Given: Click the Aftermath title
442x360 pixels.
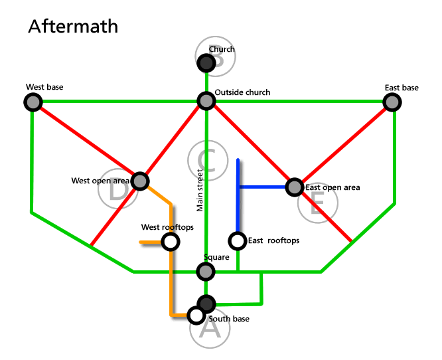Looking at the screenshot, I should pos(73,27).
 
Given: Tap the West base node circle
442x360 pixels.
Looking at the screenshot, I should pos(33,102).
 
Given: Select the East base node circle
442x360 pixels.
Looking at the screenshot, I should pos(392,102).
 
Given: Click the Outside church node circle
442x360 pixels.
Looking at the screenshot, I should pos(206,101).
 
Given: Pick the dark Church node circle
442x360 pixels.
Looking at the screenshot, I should pos(206,63).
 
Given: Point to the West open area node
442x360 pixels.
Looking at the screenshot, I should pos(140,181).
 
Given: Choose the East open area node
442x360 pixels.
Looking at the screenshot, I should pos(294,187).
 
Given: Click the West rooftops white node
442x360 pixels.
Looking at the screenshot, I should pos(171,242).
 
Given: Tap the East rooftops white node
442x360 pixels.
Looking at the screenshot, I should pos(237,240).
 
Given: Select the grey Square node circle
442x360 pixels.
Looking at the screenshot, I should pos(206,271).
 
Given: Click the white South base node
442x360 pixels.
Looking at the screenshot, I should pos(196,315).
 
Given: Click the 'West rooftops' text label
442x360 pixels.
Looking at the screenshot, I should pos(167,228).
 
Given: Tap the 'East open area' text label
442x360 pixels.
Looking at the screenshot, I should pos(332,187).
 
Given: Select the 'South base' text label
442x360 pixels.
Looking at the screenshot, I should pos(229,319).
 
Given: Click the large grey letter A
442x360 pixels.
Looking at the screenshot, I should pos(210,328).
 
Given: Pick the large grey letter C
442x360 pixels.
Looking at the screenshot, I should pos(208,160).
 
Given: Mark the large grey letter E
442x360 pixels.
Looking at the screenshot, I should pos(317,204).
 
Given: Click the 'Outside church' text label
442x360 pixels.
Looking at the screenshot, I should pos(243,92).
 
